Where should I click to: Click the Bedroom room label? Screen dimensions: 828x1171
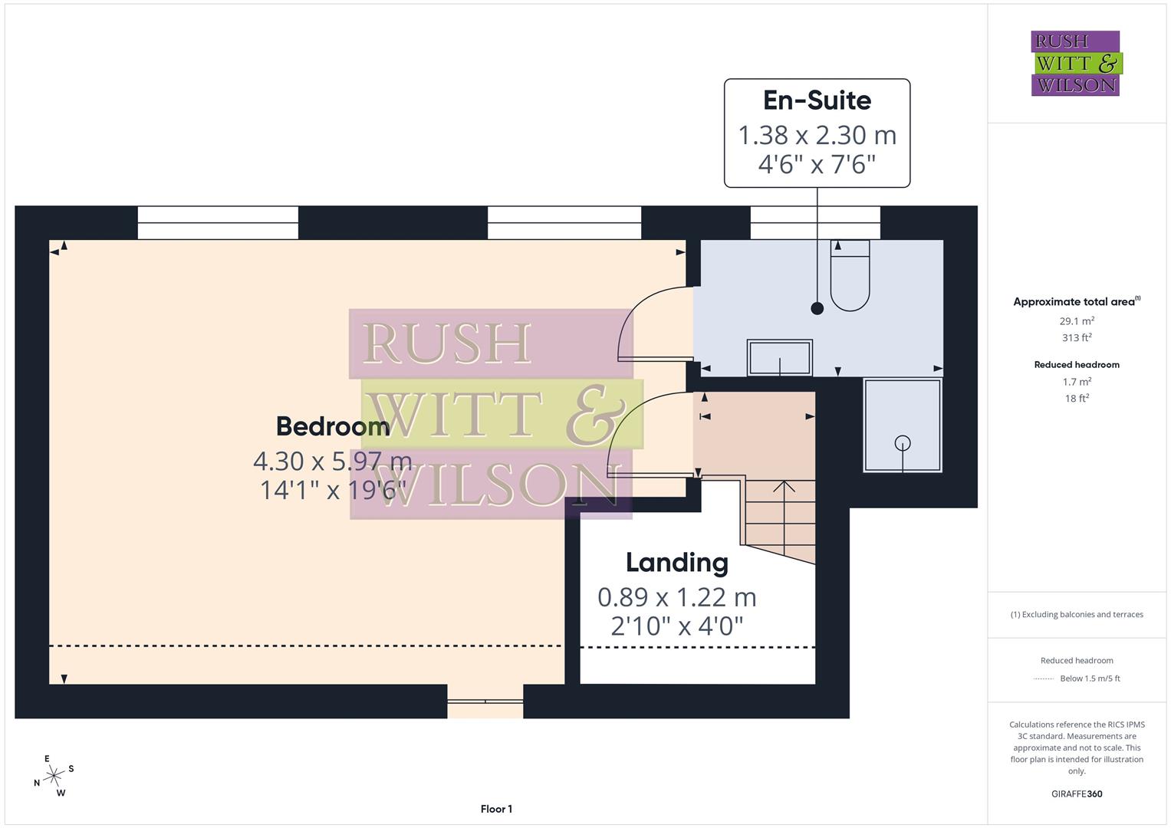click(332, 426)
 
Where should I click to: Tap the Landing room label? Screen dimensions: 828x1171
click(676, 563)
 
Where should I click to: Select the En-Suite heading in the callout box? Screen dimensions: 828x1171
click(817, 100)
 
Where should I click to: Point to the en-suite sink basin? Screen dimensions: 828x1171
click(780, 358)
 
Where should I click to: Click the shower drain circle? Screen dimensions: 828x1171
click(903, 442)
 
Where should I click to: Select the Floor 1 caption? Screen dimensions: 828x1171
click(496, 809)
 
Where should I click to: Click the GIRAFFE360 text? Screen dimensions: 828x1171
click(1077, 794)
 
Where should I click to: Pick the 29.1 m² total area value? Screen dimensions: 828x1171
click(1077, 321)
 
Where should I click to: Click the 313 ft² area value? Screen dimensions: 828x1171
click(1077, 338)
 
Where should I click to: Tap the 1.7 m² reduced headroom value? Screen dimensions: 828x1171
click(1077, 382)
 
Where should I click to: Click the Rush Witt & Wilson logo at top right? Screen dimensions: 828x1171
click(1075, 64)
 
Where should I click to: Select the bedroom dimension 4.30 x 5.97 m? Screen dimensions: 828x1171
click(332, 462)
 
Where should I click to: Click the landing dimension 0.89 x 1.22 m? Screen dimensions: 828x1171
click(676, 597)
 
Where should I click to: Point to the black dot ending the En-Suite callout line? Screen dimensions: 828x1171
click(817, 308)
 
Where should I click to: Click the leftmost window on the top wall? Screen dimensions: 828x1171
click(218, 223)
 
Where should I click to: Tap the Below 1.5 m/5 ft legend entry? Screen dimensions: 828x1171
click(1089, 678)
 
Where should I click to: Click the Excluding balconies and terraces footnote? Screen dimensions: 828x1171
click(1077, 615)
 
